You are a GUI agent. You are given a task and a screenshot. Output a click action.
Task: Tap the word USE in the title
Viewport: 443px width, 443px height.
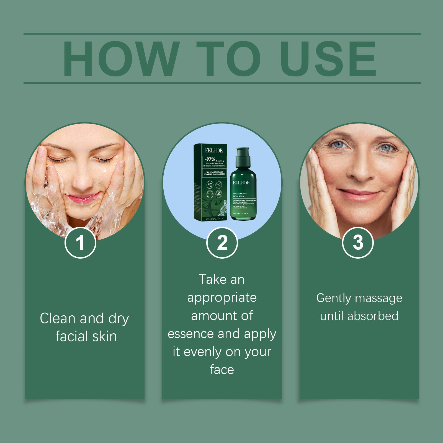click(x=328, y=59)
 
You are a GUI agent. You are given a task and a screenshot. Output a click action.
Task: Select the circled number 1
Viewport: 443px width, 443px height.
click(x=80, y=243)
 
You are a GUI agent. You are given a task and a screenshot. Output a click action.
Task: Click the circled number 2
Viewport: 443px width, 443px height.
click(x=222, y=243)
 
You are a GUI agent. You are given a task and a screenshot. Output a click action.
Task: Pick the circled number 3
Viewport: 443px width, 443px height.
click(x=358, y=243)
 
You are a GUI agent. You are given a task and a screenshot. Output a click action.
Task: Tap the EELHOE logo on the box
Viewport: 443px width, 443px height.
click(x=214, y=151)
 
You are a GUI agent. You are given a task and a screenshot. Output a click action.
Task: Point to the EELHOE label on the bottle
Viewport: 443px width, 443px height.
click(x=241, y=183)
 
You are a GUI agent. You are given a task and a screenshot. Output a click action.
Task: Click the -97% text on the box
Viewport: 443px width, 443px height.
click(x=210, y=159)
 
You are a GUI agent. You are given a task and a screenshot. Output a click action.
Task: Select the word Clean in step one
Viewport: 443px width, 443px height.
click(x=58, y=318)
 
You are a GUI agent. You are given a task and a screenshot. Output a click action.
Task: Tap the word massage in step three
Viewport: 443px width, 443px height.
click(x=379, y=298)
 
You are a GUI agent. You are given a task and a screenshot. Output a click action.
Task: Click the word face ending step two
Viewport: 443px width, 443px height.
click(x=222, y=370)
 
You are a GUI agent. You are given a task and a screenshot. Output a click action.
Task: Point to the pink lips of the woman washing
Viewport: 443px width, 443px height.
click(x=83, y=198)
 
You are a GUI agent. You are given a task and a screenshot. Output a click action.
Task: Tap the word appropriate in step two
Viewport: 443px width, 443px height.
click(x=222, y=298)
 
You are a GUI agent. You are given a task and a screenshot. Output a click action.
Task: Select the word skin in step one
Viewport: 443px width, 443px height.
click(x=105, y=336)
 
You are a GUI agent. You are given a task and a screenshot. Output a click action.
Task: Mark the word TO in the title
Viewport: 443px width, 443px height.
click(x=228, y=59)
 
